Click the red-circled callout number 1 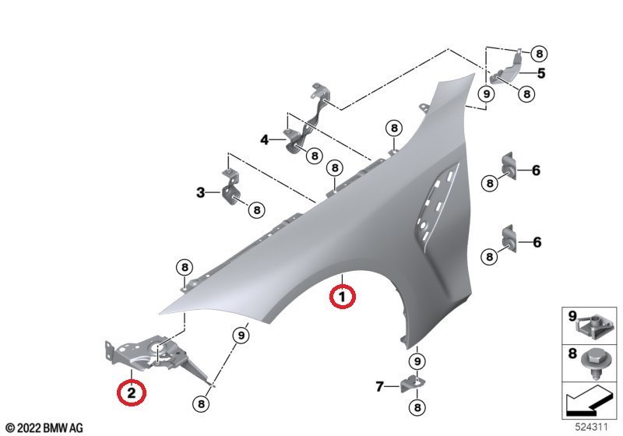pos(342,296)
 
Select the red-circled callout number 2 pos(132,392)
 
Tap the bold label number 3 pos(201,192)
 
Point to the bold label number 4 pos(265,140)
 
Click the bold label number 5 pos(541,73)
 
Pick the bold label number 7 pos(379,386)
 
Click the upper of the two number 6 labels pos(536,171)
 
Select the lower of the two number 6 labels pos(537,242)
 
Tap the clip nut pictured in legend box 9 pos(593,325)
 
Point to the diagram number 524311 pos(592,427)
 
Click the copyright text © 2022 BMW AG pos(44,428)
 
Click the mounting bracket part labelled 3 pos(230,185)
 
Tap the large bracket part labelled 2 pos(157,357)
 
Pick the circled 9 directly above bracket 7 pos(417,361)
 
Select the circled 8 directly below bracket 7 pos(417,407)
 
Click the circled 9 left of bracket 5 pos(485,94)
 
